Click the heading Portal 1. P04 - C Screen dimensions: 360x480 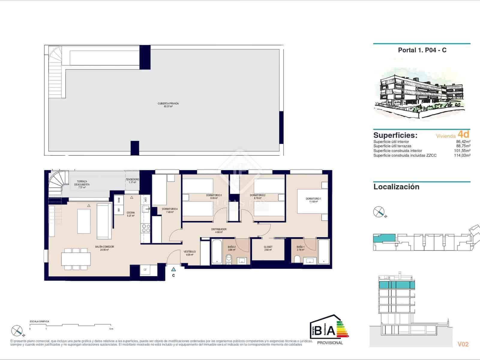tap(422, 50)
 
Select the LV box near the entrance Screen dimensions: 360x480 tap(145, 270)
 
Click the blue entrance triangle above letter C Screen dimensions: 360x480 tap(173, 269)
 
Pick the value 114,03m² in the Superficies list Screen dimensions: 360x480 tap(462, 155)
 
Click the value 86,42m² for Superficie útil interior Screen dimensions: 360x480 tap(463, 142)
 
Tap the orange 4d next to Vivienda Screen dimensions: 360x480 tap(463, 134)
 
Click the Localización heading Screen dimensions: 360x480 tap(396, 187)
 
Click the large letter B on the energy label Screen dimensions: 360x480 tap(319, 331)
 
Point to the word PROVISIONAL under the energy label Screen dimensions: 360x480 tap(330, 343)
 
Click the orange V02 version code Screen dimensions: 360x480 tap(463, 344)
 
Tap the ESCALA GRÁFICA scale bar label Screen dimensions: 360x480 tap(39, 321)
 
